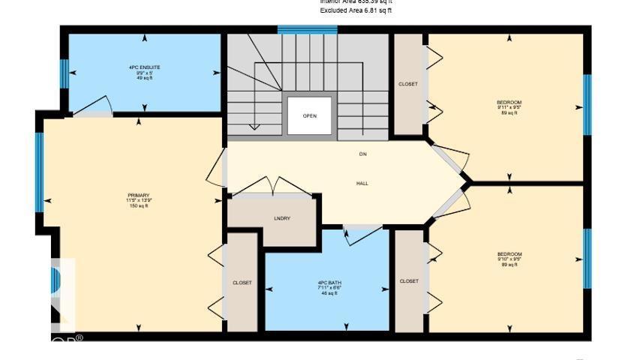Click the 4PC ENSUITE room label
tap(144, 67)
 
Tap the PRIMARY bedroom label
tap(138, 196)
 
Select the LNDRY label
tap(282, 218)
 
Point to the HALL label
tap(362, 183)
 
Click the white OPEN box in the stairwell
tap(309, 115)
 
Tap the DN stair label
tap(362, 154)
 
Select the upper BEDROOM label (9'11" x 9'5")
tap(509, 102)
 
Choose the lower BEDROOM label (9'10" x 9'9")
tap(509, 254)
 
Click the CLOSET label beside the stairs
tap(408, 84)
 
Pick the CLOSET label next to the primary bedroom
tap(242, 283)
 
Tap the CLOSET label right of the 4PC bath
tap(409, 281)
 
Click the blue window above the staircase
tap(307, 30)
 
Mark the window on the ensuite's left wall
tap(65, 73)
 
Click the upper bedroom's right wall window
tap(587, 104)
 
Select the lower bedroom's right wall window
tap(587, 259)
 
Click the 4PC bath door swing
tap(365, 235)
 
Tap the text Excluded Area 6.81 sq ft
tap(356, 11)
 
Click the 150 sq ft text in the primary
tap(138, 205)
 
